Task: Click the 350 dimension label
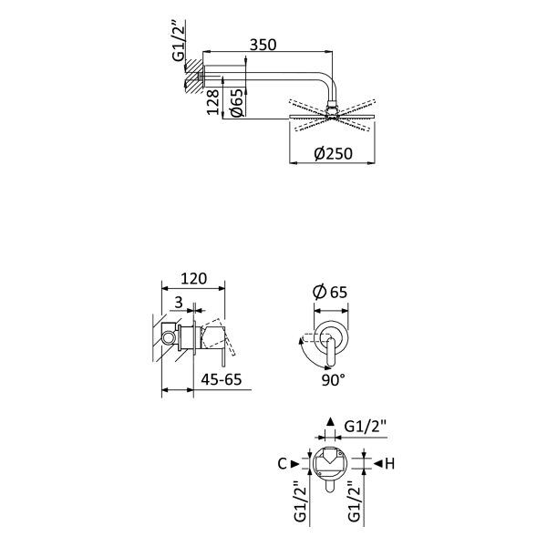click(263, 45)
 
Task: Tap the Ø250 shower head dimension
click(333, 153)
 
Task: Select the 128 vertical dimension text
click(213, 102)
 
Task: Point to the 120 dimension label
click(193, 279)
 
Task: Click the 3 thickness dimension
click(179, 302)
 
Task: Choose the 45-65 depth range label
click(222, 379)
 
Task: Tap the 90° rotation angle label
click(333, 380)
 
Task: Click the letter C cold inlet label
click(282, 464)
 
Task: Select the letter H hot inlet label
click(389, 464)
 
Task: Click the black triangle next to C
click(295, 464)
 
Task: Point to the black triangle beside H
click(378, 464)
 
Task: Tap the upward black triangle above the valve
click(330, 421)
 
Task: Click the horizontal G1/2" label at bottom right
click(366, 427)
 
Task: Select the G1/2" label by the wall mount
click(179, 41)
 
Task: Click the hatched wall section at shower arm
click(193, 76)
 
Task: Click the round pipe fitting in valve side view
click(168, 337)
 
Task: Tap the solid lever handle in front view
click(331, 353)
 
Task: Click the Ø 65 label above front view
click(330, 292)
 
